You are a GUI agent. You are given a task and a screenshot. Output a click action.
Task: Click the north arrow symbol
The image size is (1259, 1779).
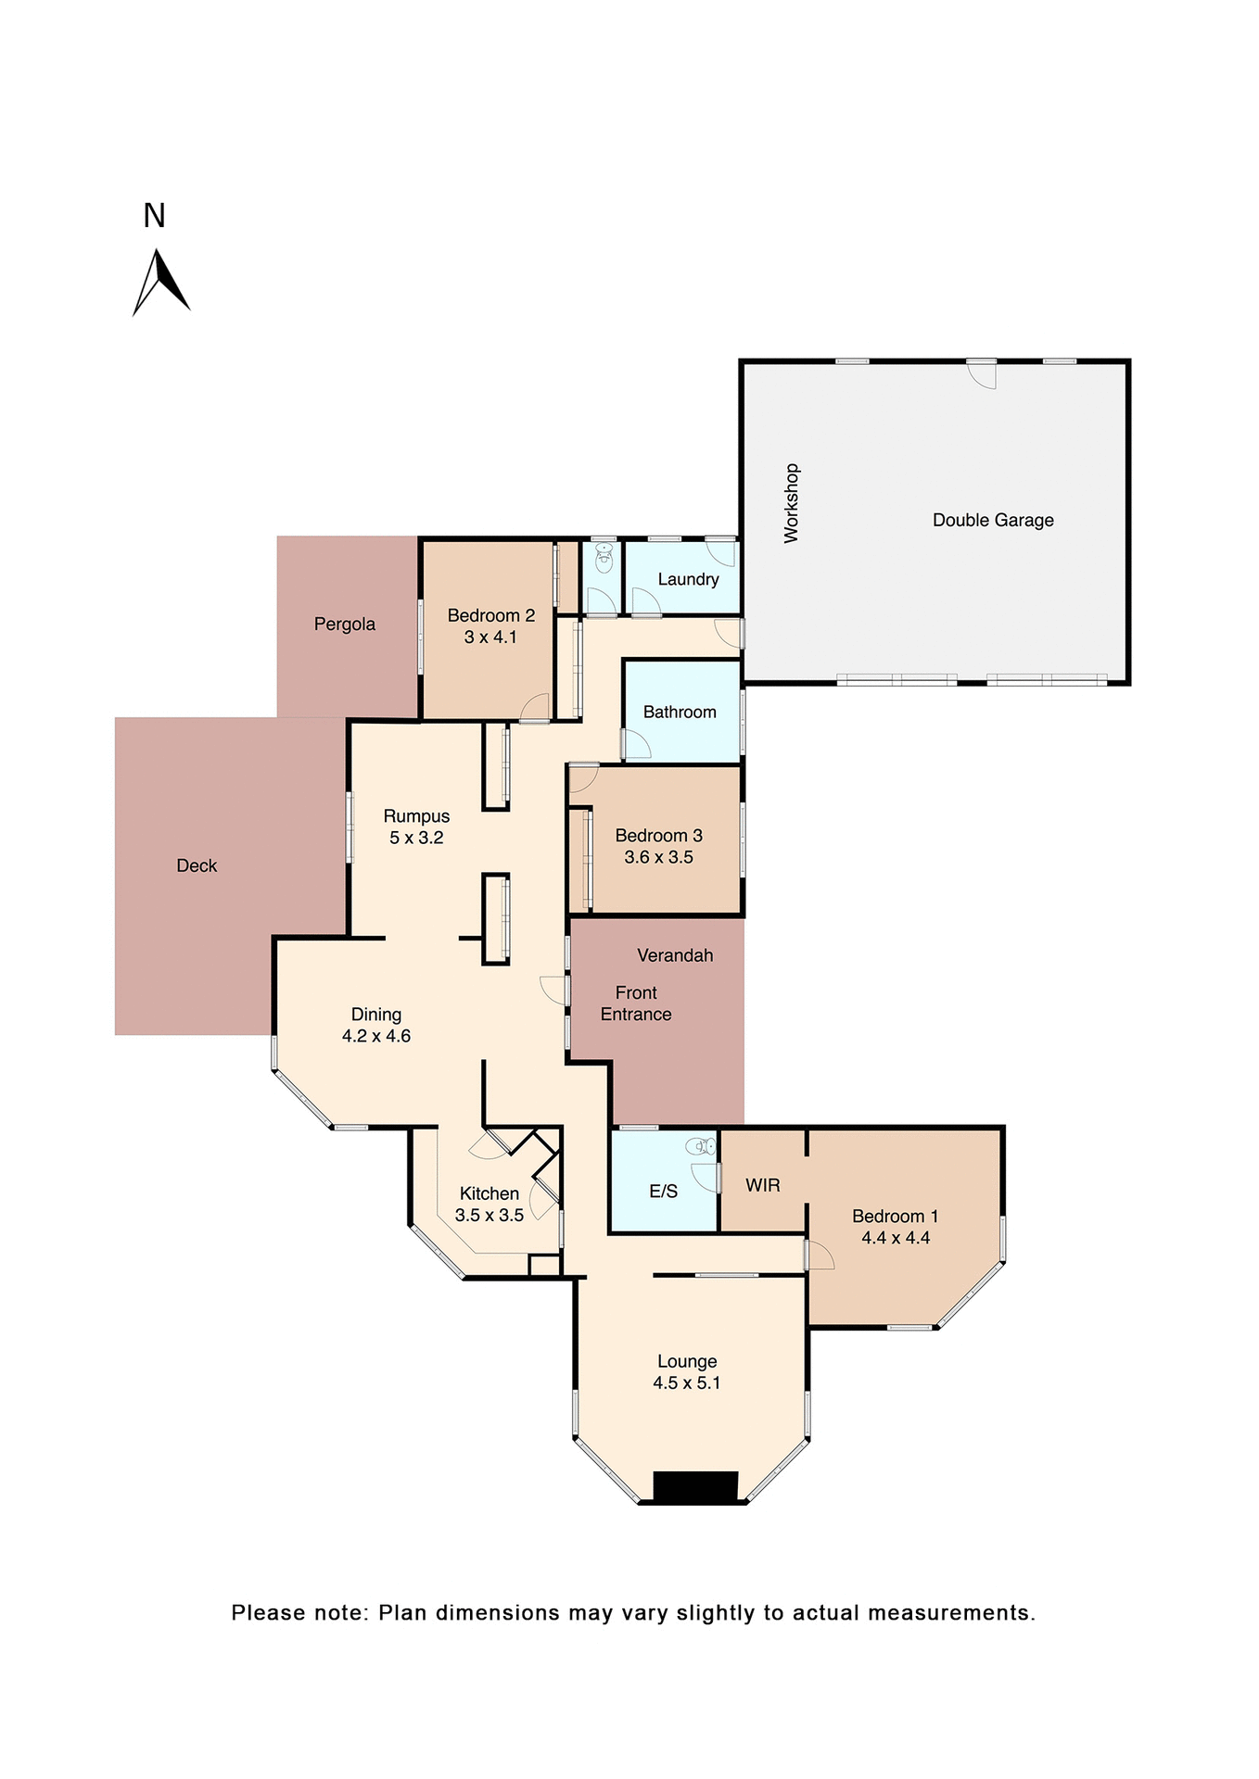coord(160,282)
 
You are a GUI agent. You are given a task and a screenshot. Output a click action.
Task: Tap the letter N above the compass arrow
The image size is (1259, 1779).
coord(154,216)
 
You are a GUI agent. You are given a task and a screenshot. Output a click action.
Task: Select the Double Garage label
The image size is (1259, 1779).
coord(992,520)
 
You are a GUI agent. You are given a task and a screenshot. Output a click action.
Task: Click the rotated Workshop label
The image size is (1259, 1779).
coord(791,502)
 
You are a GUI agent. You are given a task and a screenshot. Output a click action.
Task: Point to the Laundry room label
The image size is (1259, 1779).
coord(688,579)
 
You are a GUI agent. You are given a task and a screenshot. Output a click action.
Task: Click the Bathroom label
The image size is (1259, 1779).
coord(680,712)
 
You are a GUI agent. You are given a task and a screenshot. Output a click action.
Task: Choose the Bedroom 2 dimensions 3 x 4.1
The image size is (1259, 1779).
coord(490,637)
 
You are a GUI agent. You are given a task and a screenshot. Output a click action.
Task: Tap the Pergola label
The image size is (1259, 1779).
coord(344,624)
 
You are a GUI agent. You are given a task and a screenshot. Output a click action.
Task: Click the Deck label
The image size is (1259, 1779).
coord(197,865)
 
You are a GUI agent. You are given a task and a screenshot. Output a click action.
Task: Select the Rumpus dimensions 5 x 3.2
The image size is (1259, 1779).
coord(416,838)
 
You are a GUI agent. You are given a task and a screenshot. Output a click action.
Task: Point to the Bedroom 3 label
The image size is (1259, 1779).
coord(658,835)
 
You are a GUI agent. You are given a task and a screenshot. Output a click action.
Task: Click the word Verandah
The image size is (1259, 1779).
coord(675,955)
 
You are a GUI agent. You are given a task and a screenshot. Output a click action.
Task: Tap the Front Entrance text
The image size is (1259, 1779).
coord(636,1003)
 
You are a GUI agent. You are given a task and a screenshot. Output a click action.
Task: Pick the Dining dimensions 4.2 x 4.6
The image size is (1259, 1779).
coord(376,1036)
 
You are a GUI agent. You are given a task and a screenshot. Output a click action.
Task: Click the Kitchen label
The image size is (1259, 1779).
coord(490,1193)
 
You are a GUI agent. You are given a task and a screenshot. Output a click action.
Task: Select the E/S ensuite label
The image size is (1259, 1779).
coord(663,1192)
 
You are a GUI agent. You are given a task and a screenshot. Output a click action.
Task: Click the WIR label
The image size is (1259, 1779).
coord(762,1185)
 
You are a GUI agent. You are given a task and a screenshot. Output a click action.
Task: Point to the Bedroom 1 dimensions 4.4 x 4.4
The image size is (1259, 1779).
coord(896,1238)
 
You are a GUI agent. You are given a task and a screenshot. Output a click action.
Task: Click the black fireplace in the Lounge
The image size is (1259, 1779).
coord(695,1486)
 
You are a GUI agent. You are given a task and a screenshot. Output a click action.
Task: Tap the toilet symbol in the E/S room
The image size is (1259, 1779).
coord(703,1147)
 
